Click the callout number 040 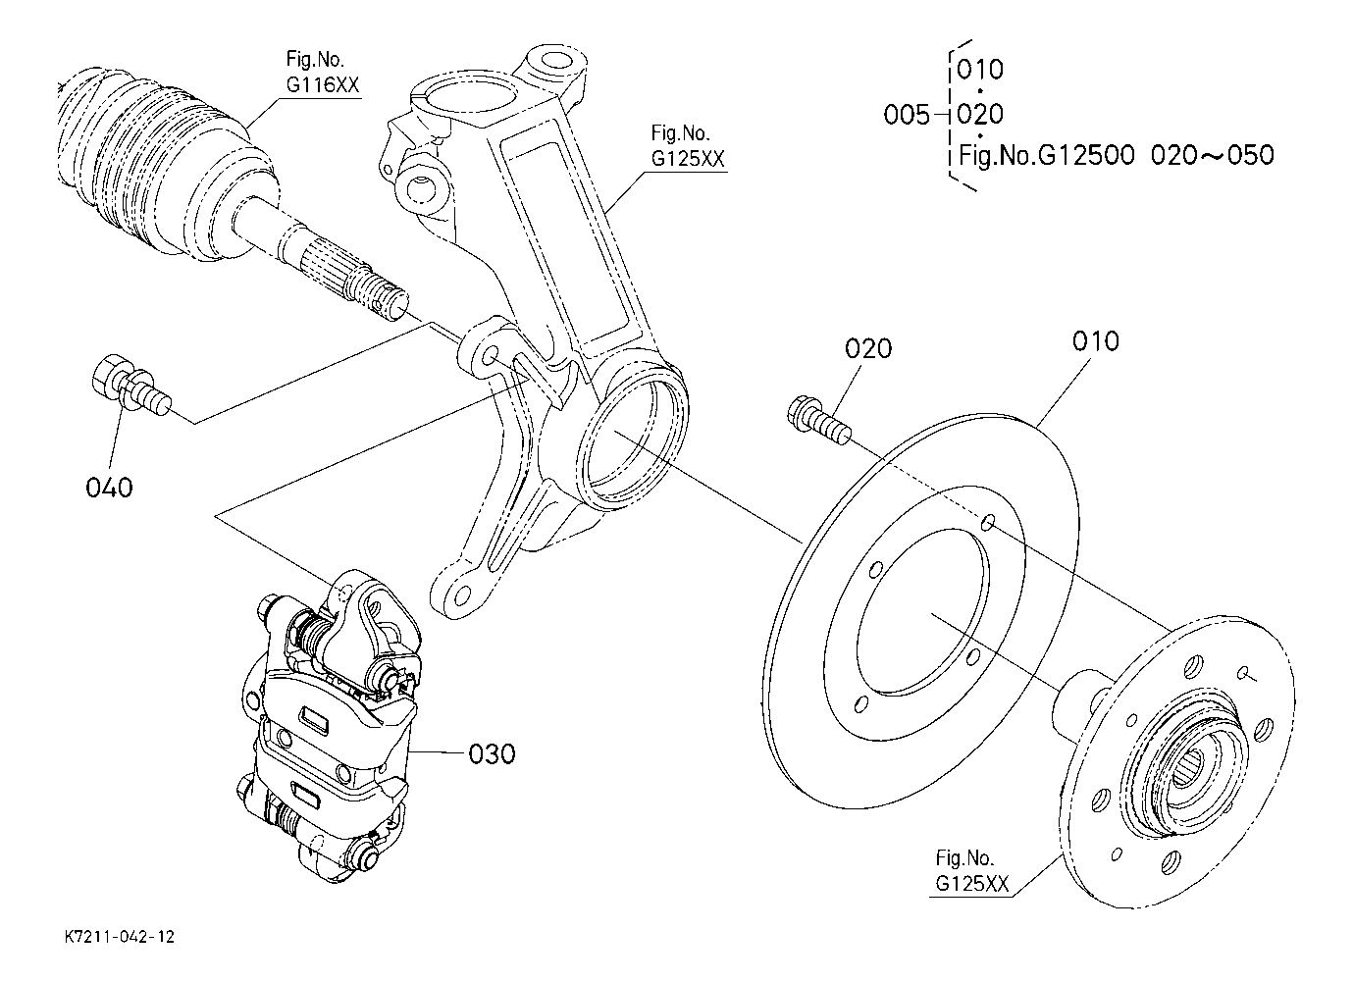109,488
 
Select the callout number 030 493,754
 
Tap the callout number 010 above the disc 1096,341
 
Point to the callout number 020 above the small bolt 868,348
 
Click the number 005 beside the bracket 907,114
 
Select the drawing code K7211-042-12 120,937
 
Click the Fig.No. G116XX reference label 323,73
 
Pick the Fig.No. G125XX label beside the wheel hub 972,871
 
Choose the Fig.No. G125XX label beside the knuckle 688,146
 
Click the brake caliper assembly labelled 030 330,724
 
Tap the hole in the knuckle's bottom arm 461,597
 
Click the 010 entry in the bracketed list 980,70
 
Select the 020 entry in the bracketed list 980,114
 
